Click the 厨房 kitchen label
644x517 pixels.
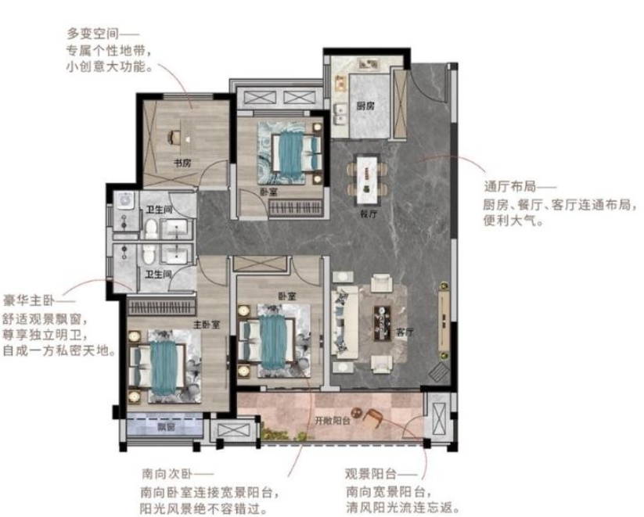point(365,106)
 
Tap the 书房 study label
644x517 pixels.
point(182,163)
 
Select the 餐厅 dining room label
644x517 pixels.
point(369,214)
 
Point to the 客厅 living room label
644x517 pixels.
point(405,332)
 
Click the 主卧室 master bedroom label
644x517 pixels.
point(206,325)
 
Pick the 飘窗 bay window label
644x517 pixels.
point(166,427)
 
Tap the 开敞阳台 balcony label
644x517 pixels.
point(333,421)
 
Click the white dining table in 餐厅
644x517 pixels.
point(367,179)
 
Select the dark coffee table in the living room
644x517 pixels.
point(382,323)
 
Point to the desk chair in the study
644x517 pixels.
point(174,137)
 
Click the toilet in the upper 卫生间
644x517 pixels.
point(151,228)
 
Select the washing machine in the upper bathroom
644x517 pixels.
point(124,201)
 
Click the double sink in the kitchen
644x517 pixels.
point(341,114)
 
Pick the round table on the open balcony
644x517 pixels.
point(356,411)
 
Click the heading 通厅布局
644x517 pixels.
point(510,187)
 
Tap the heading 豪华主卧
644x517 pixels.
point(29,300)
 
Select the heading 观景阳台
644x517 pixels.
point(371,474)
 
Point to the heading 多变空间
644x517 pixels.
point(93,34)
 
